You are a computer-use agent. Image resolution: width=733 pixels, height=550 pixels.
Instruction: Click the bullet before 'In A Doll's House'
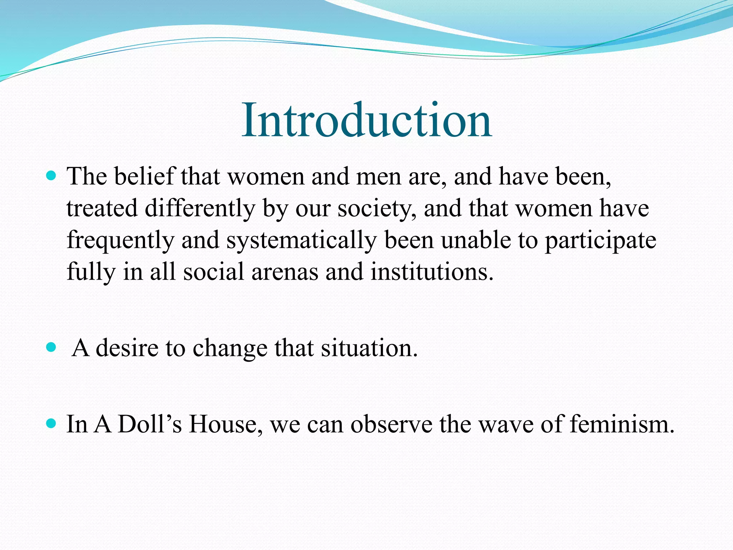tap(52, 424)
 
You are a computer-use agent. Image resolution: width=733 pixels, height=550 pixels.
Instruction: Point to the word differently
tap(200, 208)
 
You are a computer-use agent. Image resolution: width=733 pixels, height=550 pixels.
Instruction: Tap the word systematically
tap(301, 240)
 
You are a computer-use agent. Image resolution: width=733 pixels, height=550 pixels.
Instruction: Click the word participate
tap(600, 240)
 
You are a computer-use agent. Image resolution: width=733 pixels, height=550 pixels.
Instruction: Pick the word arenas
tap(285, 271)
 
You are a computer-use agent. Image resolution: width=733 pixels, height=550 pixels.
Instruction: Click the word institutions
tap(432, 271)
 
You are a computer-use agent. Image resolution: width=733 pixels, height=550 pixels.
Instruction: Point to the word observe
tap(391, 424)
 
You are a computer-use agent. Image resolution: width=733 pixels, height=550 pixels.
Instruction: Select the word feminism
tap(621, 424)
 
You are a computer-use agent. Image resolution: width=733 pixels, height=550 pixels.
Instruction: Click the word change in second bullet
tap(230, 348)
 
